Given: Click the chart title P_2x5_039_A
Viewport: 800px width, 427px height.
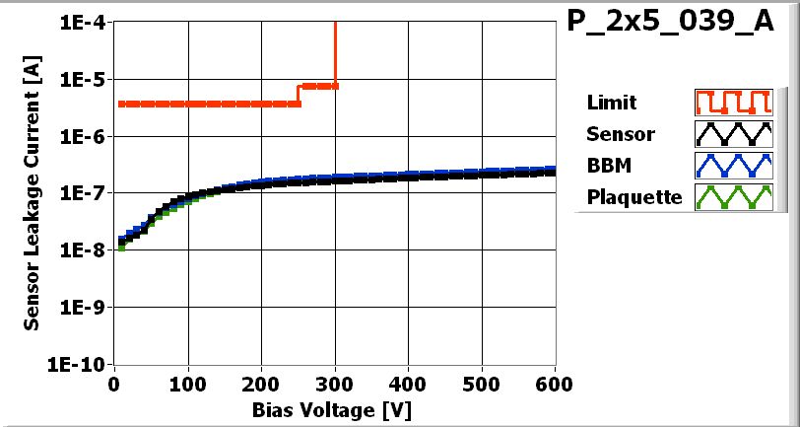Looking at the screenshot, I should click(671, 24).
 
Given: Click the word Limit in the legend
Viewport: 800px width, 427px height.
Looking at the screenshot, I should click(611, 103).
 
